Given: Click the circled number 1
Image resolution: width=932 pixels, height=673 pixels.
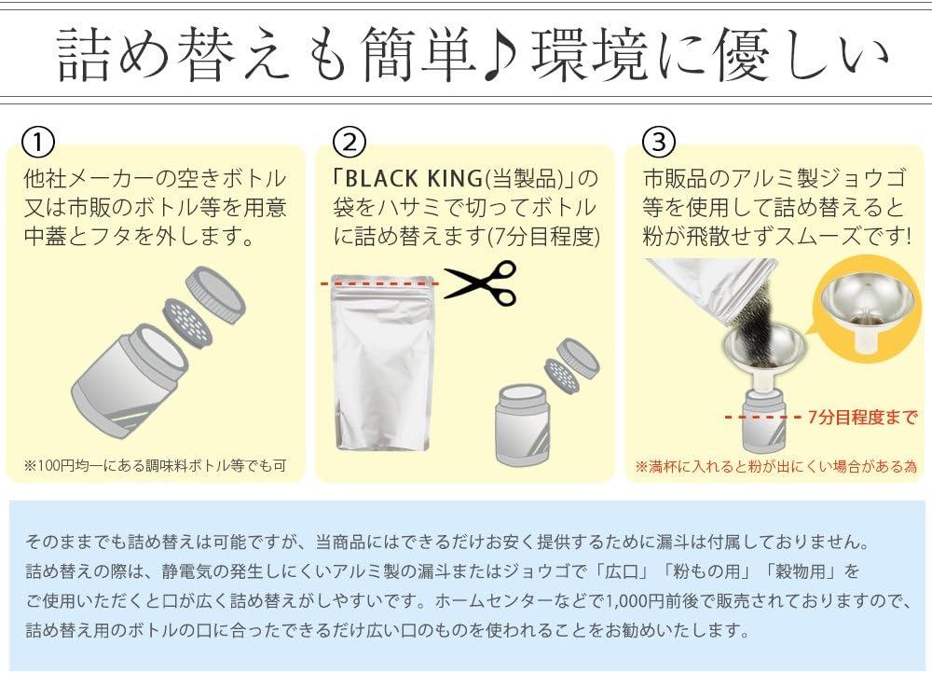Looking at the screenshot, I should click(38, 142).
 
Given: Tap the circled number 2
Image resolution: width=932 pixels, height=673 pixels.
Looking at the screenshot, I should click(349, 142).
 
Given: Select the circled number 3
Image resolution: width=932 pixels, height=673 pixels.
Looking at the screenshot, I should click(659, 142).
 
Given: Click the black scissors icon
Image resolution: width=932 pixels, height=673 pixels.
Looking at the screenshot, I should click(481, 281).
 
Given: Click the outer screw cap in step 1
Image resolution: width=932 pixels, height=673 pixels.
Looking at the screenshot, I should click(216, 295).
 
